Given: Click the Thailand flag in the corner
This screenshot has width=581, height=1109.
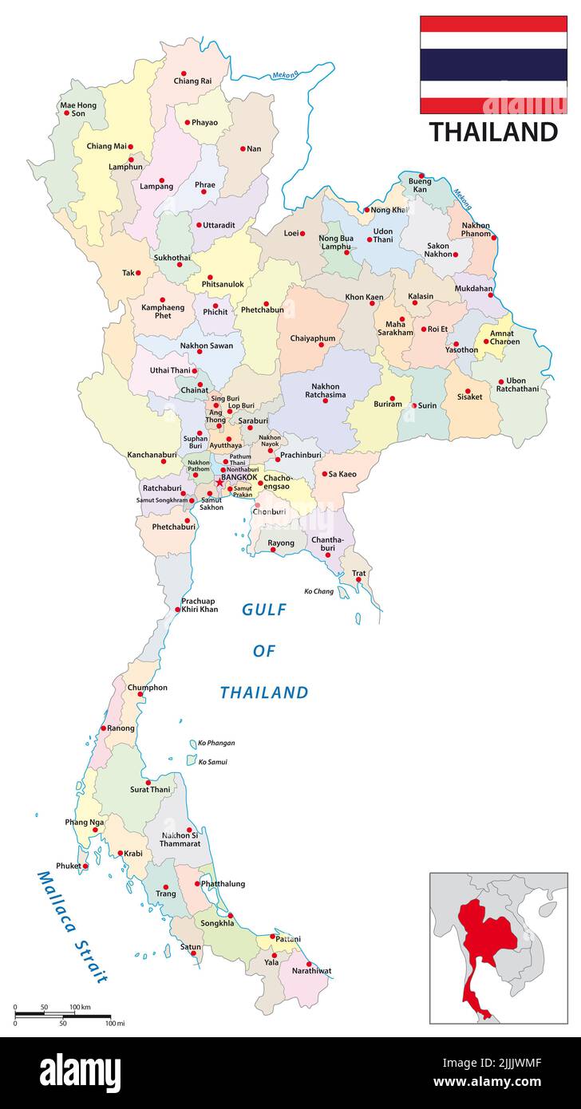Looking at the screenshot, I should point(493,65).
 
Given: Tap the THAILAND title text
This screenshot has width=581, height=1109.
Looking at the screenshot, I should point(493,132).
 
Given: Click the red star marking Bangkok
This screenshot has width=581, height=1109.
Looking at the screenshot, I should point(220,483).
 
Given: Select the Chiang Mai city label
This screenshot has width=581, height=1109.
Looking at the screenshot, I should point(106,147).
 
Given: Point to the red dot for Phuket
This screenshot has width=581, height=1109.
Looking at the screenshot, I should point(86,866).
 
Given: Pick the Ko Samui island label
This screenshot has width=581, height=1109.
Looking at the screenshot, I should point(212,762).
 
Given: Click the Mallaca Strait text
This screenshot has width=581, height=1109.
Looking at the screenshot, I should point(72,925).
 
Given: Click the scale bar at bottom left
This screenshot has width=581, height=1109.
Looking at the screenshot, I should point(62,1016).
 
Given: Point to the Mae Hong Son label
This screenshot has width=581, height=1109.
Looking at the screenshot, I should point(78,109).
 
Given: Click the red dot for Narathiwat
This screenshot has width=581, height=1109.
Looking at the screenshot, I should point(309,964).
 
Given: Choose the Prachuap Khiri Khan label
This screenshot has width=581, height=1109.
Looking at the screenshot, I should point(199,605).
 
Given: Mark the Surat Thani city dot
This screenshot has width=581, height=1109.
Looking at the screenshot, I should point(148,782).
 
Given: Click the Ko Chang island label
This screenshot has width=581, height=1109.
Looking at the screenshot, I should point(318,591).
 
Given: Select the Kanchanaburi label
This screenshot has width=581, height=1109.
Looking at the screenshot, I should point(152,454).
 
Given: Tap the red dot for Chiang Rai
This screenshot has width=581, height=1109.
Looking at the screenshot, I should point(184,73).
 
